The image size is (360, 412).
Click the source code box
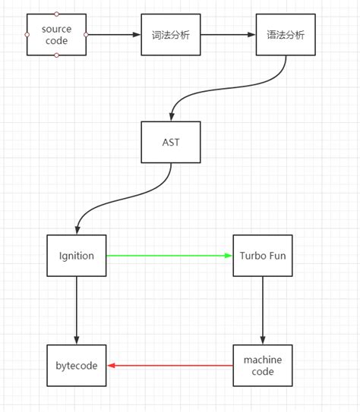[x=56, y=35]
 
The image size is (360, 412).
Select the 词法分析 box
[x=171, y=35]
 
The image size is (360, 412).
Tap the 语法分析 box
[x=286, y=35]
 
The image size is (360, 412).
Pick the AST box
[x=171, y=142]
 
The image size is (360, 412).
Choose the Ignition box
[x=76, y=256]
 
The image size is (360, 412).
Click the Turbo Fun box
[x=263, y=256]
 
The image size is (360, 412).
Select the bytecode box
[x=76, y=366]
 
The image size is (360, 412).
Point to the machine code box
[x=263, y=366]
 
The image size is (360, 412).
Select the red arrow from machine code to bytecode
[x=170, y=366]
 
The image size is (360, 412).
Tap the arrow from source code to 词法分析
[x=114, y=35]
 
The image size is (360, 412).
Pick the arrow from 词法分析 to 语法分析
[x=228, y=35]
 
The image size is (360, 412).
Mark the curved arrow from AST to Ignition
[x=122, y=202]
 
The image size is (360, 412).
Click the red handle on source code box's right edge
[x=86, y=35]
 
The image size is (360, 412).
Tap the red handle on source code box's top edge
[x=56, y=14]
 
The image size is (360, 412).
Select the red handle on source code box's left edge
[x=27, y=35]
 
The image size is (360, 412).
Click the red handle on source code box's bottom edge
[x=56, y=55]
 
